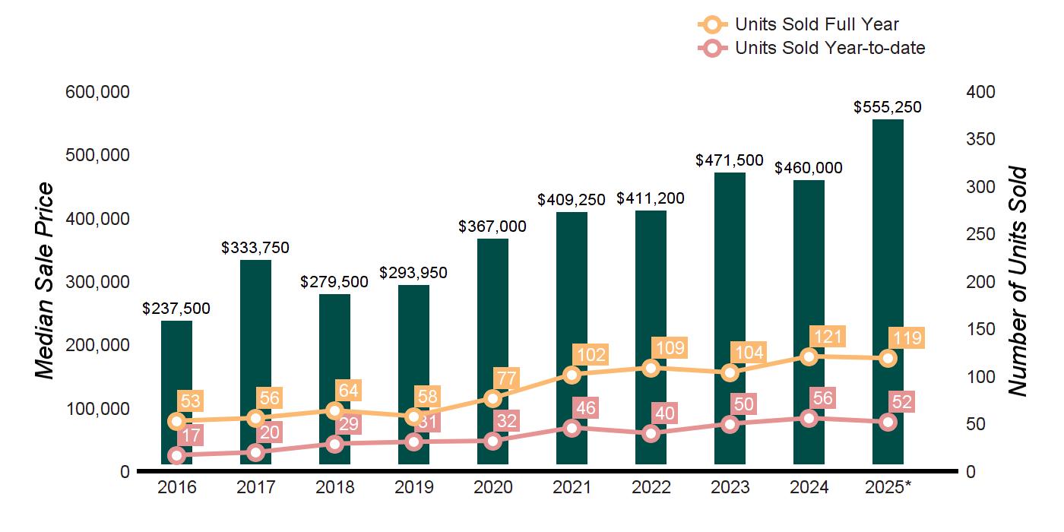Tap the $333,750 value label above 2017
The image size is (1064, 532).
pos(255,248)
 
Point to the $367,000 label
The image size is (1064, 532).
pos(492,226)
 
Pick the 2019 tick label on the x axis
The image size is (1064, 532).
pos(413,487)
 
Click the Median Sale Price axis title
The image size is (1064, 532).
pos(46,281)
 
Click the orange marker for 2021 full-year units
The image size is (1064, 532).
pos(572,374)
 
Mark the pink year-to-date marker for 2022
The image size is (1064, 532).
pos(651,433)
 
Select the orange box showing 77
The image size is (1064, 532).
pos(505,378)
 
